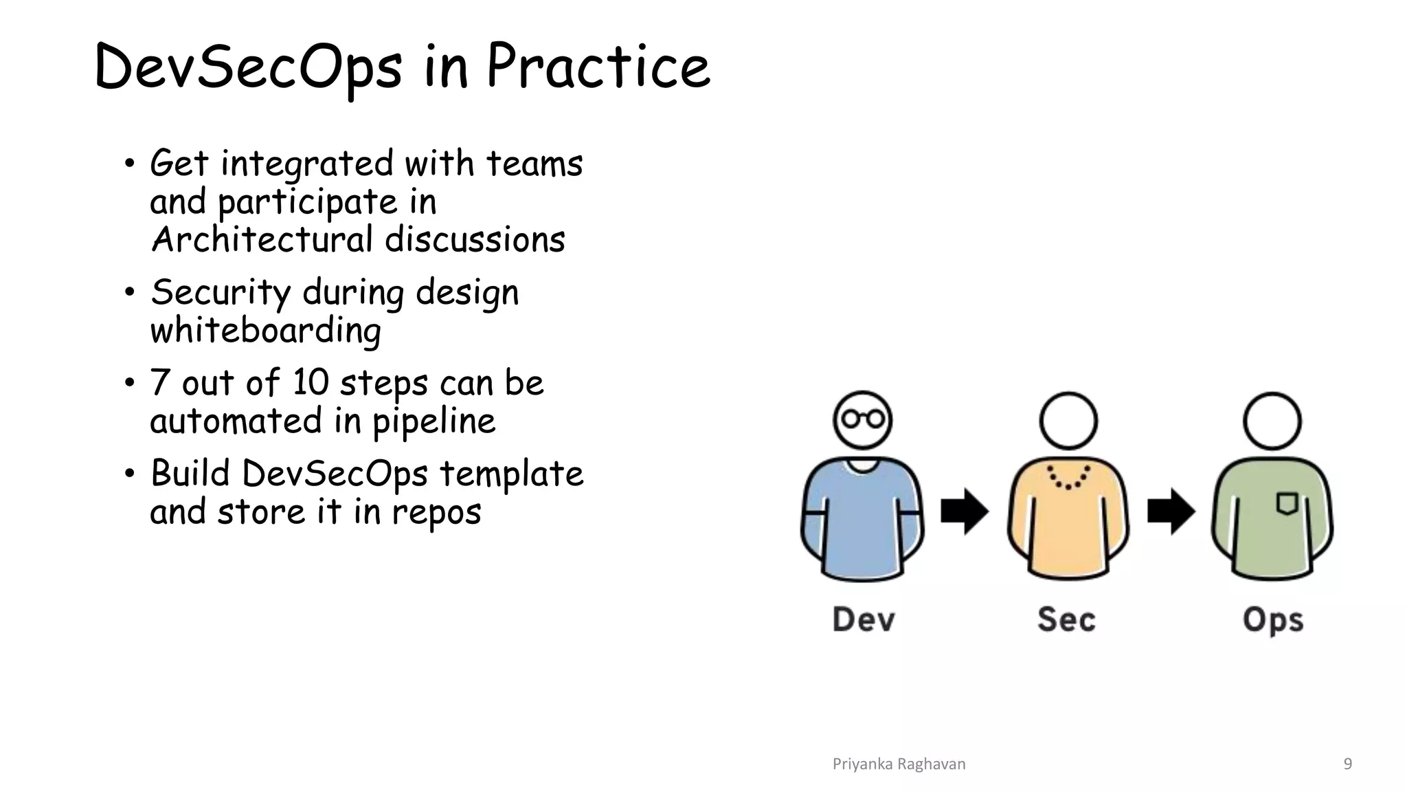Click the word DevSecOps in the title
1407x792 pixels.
247,67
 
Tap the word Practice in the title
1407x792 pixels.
598,67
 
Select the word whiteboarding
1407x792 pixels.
265,331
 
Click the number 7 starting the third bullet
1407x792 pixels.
159,382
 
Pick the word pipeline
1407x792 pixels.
434,421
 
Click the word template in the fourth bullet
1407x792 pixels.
511,474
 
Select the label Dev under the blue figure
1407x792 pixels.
864,619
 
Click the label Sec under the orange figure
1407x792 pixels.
1066,619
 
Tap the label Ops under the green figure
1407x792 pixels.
1273,621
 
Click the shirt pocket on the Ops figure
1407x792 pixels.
1287,503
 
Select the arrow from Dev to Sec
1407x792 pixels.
964,511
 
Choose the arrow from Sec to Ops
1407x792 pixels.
1171,511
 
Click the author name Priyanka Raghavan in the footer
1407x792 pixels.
899,764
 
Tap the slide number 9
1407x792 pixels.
1347,764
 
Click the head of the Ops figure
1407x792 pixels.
1272,421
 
